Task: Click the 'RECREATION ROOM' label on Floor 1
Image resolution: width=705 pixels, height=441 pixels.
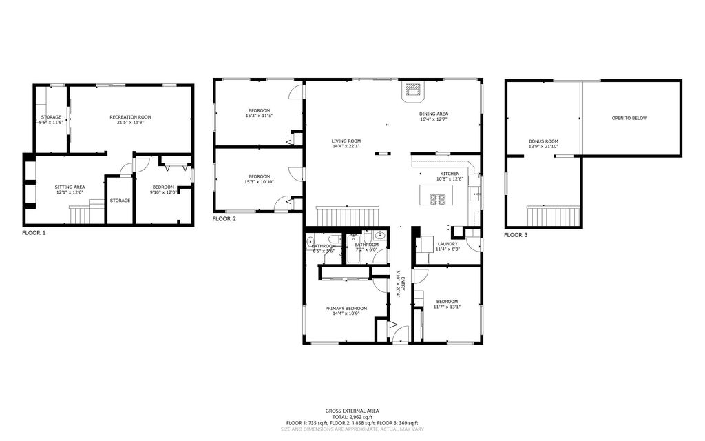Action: coord(130,117)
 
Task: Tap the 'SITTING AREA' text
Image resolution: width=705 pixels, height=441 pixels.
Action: coord(70,187)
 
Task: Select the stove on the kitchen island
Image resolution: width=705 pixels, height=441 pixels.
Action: coord(437,200)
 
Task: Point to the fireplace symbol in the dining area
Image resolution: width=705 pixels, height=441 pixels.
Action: coord(413,90)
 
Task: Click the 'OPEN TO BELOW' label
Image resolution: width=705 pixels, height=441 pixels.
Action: coord(629,118)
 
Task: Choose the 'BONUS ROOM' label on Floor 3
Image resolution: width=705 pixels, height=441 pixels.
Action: coord(543,141)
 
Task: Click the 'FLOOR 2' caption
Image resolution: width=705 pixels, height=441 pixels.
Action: coord(224,218)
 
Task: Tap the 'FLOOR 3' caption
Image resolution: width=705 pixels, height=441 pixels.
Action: coord(516,235)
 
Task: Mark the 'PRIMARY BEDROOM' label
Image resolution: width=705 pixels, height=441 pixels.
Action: coord(346,308)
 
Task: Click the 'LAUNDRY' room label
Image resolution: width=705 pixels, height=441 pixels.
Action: coord(448,243)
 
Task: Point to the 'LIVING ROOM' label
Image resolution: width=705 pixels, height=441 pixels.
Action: coord(346,141)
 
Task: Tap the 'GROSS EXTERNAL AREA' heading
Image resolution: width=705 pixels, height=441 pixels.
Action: coord(352,410)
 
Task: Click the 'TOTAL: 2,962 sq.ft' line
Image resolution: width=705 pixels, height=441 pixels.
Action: coord(352,416)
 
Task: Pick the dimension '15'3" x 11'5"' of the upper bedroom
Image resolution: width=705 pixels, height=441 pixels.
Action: coord(259,116)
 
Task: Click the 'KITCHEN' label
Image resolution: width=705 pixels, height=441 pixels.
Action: coord(450,174)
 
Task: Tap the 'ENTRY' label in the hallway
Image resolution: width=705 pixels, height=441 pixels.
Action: coord(403,283)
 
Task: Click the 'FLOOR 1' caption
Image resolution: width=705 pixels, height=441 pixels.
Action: coord(34,233)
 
